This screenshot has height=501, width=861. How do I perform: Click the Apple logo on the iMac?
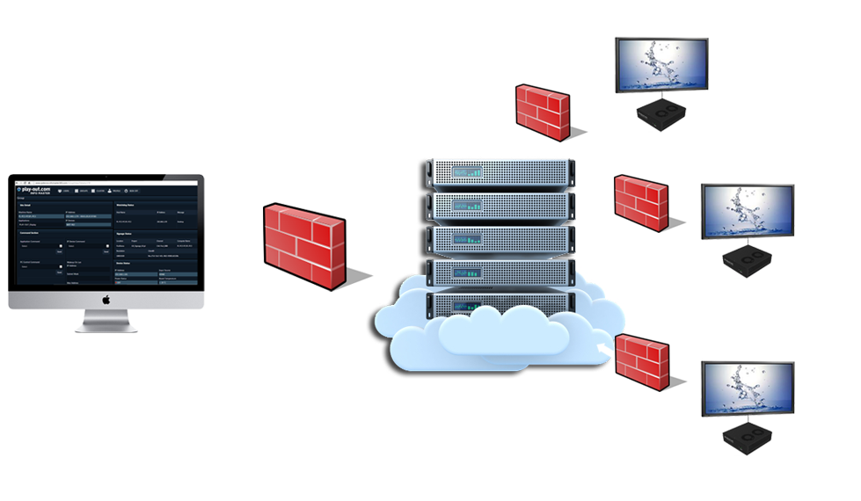pyautogui.click(x=106, y=299)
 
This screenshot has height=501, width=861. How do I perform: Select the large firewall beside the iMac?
pyautogui.click(x=303, y=246)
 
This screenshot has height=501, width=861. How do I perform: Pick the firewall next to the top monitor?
pyautogui.click(x=541, y=111)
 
